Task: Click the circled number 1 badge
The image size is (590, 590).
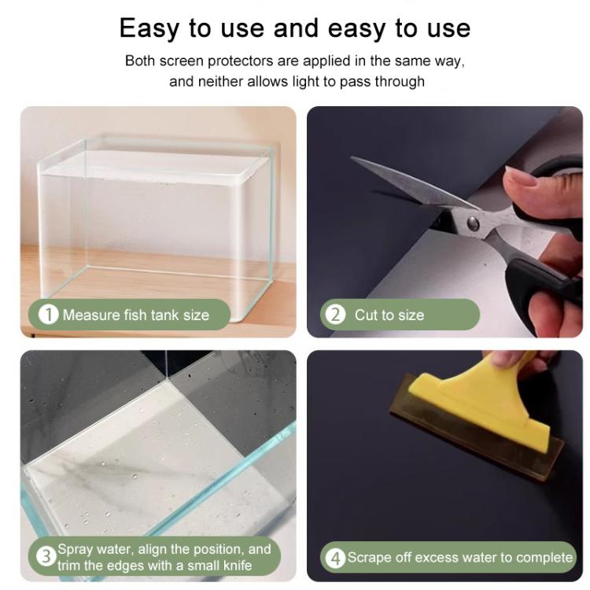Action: [x=49, y=315]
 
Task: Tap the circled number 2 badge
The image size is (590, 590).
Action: [x=335, y=315]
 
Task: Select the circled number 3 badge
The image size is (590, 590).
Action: [x=46, y=556]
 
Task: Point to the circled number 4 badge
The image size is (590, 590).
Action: [x=336, y=558]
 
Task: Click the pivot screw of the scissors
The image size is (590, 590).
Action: [x=473, y=223]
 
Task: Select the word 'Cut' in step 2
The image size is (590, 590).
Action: [x=365, y=315]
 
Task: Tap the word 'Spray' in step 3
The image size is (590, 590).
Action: [x=76, y=550]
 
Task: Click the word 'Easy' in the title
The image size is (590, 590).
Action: [x=149, y=28]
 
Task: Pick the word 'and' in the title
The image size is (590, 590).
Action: [x=296, y=28]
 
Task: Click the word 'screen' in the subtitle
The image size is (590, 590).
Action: [x=181, y=61]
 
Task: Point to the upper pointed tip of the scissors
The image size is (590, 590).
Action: [x=352, y=158]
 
